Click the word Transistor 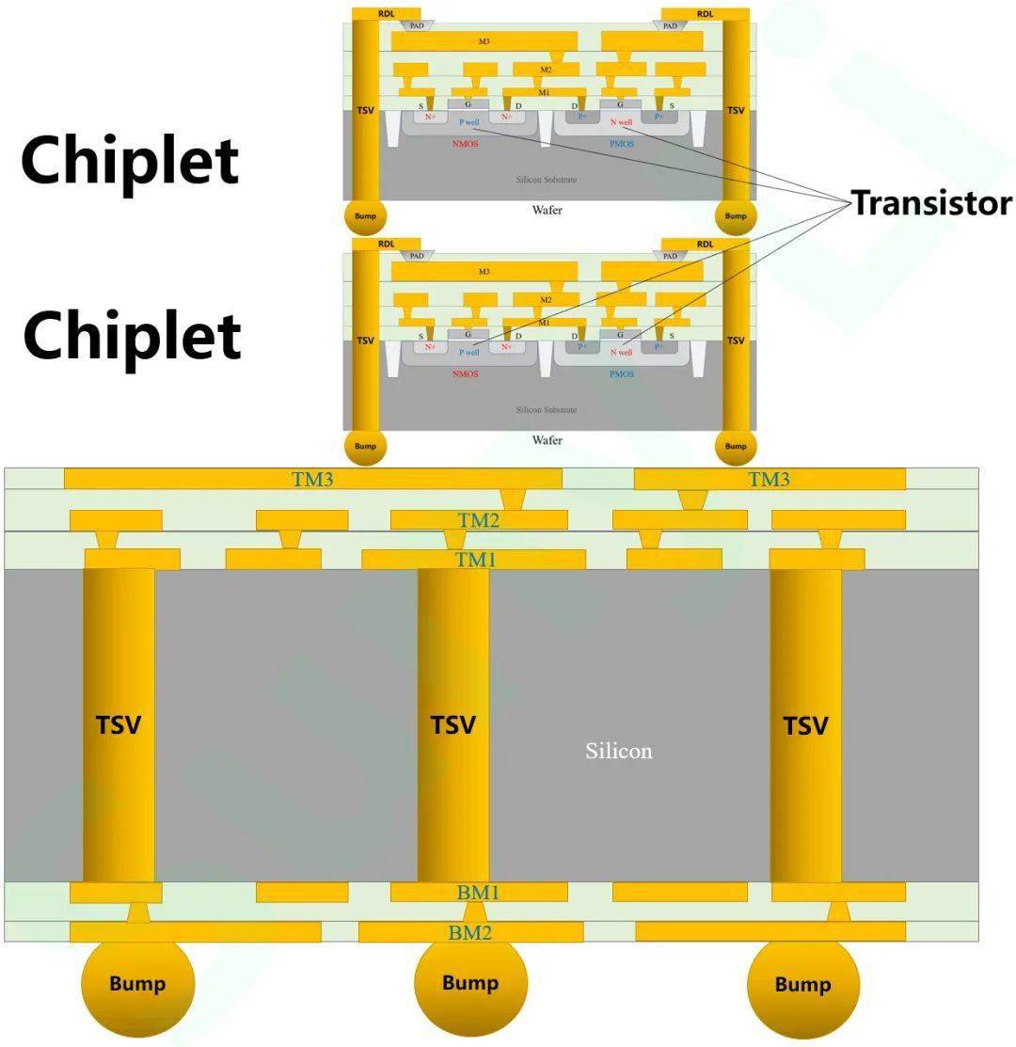[x=931, y=203]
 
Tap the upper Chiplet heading [x=130, y=160]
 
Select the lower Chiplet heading [x=132, y=336]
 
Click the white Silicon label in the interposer [x=618, y=751]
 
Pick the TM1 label [x=476, y=560]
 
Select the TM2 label [x=479, y=520]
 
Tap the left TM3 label [x=312, y=479]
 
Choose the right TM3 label [x=769, y=479]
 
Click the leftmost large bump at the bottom [x=137, y=984]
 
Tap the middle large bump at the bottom [x=470, y=983]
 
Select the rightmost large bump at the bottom [x=802, y=984]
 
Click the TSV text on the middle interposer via [x=453, y=725]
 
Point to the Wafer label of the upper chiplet [x=548, y=210]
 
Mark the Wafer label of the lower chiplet [x=548, y=440]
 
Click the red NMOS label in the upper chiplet [x=465, y=144]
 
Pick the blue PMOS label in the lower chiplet [x=621, y=374]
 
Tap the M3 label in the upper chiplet [x=484, y=41]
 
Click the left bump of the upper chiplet [x=366, y=215]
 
